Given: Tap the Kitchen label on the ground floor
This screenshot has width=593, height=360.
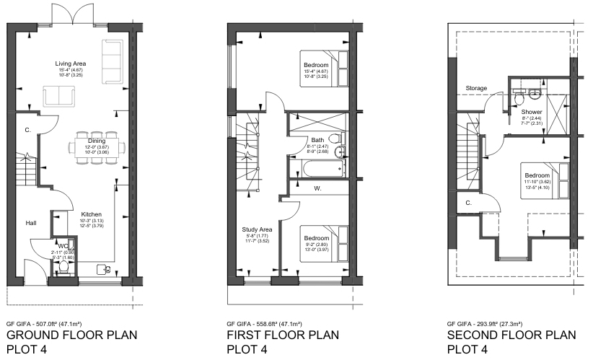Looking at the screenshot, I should click(x=91, y=214).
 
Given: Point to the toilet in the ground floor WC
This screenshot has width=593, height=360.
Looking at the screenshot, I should click(x=65, y=266).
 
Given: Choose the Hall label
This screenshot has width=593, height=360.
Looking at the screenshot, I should click(x=31, y=223).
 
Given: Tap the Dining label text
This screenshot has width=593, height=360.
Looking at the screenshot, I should click(x=97, y=141).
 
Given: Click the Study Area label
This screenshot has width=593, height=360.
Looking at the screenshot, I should click(x=256, y=230).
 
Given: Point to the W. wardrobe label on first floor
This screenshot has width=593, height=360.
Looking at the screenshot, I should click(x=317, y=189).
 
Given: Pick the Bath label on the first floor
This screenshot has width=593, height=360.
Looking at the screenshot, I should click(x=317, y=140).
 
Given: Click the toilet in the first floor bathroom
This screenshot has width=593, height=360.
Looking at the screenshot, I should click(x=334, y=139).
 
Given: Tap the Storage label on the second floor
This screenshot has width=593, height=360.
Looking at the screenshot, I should click(x=476, y=88).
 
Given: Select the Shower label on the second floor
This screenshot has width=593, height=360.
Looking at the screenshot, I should click(x=532, y=112).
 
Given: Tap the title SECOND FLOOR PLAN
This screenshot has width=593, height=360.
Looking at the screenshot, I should click(x=511, y=335).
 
